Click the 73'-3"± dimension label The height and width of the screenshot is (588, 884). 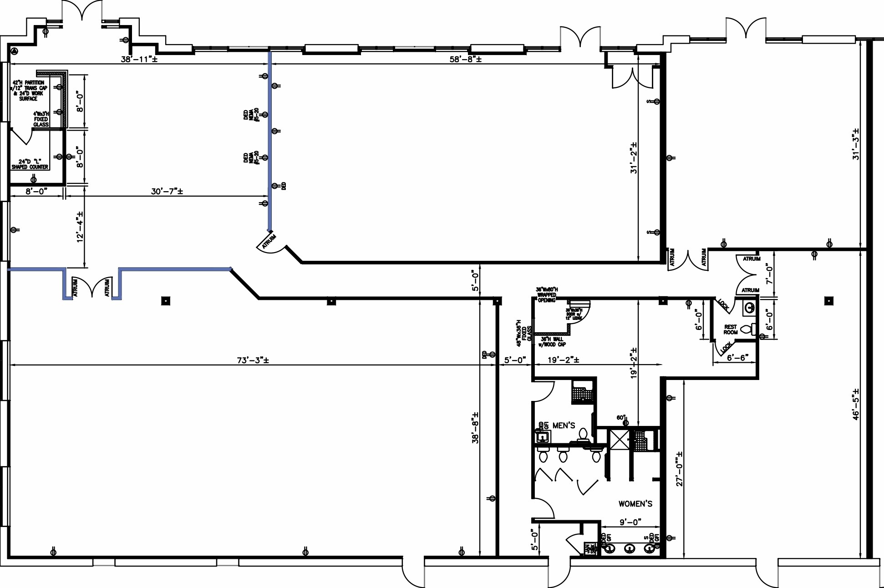[x=253, y=360]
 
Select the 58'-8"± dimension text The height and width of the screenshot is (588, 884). [x=465, y=59]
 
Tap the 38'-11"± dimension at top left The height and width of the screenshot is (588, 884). [x=139, y=59]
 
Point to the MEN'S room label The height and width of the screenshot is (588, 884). [x=564, y=426]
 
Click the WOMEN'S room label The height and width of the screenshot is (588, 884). [x=635, y=504]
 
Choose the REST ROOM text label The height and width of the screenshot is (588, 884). [x=731, y=329]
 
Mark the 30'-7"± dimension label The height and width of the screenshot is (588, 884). [x=167, y=191]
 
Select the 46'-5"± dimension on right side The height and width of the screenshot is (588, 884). [x=856, y=404]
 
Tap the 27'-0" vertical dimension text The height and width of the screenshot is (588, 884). [x=679, y=469]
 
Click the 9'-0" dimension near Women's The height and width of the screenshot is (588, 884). [x=630, y=522]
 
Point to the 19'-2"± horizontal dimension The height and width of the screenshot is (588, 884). [x=563, y=360]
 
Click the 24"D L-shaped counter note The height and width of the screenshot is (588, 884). [x=30, y=164]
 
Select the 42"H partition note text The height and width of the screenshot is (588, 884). [x=29, y=91]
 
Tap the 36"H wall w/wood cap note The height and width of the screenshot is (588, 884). [x=552, y=342]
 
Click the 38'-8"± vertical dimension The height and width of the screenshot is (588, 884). [x=475, y=428]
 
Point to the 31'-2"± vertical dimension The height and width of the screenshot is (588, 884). [x=634, y=158]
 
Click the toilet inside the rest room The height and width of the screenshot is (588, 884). [x=747, y=329]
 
